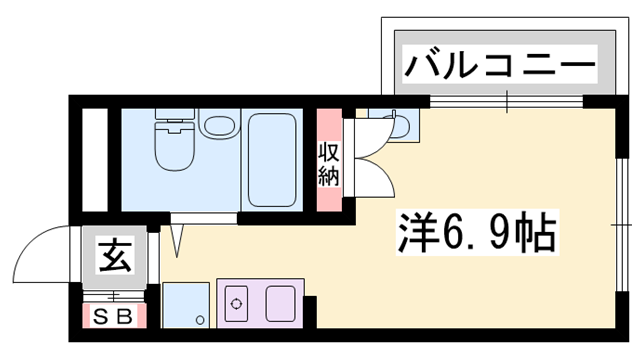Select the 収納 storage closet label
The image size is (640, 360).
(x=329, y=165)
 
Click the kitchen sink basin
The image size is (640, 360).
(x=278, y=301)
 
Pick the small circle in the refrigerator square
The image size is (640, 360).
(x=200, y=320)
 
